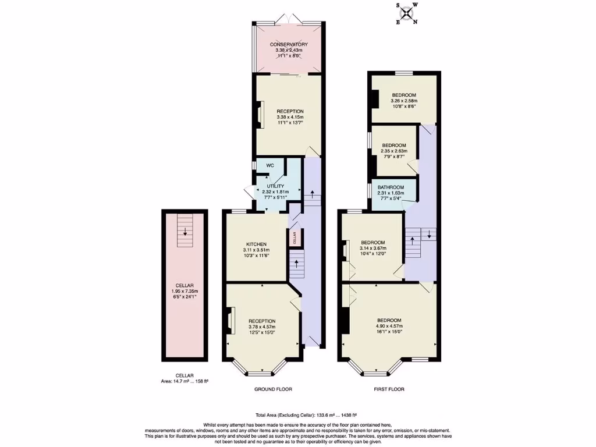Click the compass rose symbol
pyautogui.click(x=406, y=13)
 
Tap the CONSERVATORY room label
pyautogui.click(x=289, y=44)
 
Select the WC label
pyautogui.click(x=270, y=165)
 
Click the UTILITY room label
pyautogui.click(x=275, y=186)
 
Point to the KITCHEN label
pyautogui.click(x=256, y=244)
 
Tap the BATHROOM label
pyautogui.click(x=391, y=187)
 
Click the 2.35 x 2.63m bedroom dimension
pyautogui.click(x=394, y=151)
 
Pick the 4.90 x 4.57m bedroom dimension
pyautogui.click(x=389, y=327)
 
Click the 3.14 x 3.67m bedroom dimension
pyautogui.click(x=372, y=249)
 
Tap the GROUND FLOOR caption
pyautogui.click(x=273, y=389)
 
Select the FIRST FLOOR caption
pyautogui.click(x=389, y=389)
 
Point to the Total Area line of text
pyautogui.click(x=297, y=415)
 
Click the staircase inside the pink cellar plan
pyautogui.click(x=185, y=224)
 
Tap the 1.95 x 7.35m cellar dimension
pyautogui.click(x=185, y=291)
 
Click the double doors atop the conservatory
pyautogui.click(x=289, y=19)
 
